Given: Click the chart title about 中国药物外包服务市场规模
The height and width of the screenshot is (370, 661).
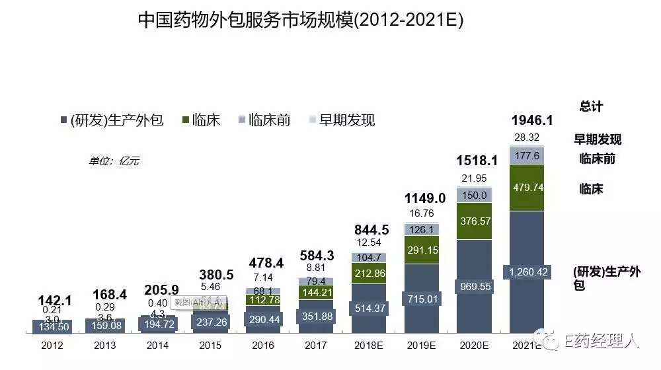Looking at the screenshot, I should pos(301,20).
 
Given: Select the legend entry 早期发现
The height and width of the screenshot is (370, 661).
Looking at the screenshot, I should pos(341,120).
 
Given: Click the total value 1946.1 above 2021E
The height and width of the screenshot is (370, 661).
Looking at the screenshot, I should pos(532,120).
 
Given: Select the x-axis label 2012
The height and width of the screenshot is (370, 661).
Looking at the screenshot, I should pos(52,345).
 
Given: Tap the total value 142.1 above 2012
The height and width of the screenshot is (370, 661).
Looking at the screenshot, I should pos(55,300).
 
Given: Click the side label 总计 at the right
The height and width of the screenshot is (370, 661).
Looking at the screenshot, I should pos(591,106).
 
